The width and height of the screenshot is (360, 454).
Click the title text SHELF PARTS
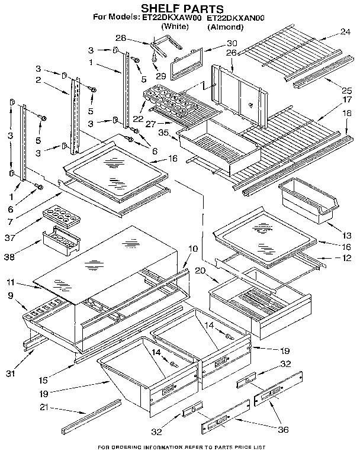(182, 8)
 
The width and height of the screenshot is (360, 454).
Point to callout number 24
(346, 32)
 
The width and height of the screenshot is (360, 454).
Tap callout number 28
(121, 38)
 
